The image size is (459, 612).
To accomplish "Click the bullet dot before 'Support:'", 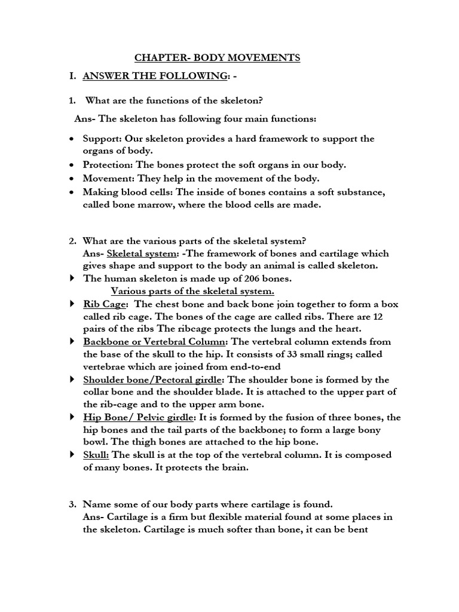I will click(x=72, y=139).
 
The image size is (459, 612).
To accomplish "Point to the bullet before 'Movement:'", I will click(x=72, y=178).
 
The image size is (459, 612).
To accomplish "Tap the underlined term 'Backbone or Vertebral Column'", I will click(x=155, y=342).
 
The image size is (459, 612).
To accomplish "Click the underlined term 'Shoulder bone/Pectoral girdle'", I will click(x=153, y=380).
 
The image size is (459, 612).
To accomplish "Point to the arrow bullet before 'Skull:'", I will click(x=72, y=455).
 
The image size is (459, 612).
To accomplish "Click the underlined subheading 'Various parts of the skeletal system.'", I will click(x=192, y=291).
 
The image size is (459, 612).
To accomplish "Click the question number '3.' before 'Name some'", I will click(x=72, y=504).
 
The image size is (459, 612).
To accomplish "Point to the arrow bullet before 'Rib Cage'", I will click(x=72, y=304).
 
